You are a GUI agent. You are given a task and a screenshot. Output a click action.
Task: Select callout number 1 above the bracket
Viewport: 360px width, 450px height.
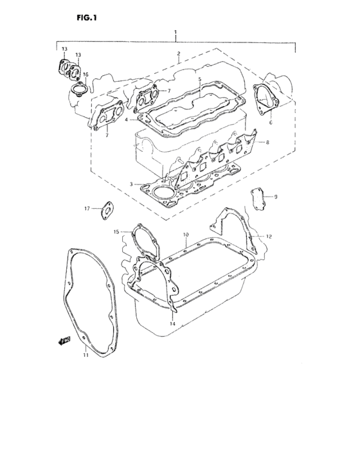pyautogui.click(x=175, y=32)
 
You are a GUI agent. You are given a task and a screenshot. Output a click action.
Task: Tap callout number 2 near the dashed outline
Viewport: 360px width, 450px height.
pyautogui.click(x=178, y=53)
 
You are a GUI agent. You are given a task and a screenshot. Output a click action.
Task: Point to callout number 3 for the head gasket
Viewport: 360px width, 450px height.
pyautogui.click(x=130, y=184)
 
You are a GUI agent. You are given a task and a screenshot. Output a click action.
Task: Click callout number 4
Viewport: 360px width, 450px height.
pyautogui.click(x=127, y=119)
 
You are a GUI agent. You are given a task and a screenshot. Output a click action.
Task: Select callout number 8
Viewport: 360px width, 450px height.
pyautogui.click(x=268, y=142)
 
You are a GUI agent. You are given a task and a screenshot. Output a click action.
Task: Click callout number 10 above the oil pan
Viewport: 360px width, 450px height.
pyautogui.click(x=185, y=234)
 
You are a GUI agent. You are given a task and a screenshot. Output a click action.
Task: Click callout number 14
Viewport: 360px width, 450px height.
pyautogui.click(x=172, y=323)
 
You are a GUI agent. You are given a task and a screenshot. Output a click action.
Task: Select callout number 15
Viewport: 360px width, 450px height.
pyautogui.click(x=116, y=231)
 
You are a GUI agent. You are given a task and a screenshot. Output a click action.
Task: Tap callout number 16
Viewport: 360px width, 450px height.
pyautogui.click(x=85, y=75)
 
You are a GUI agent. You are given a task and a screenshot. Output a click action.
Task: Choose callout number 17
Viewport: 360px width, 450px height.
pyautogui.click(x=87, y=208)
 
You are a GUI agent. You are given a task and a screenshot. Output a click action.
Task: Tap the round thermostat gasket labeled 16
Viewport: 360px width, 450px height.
pyautogui.click(x=78, y=88)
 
